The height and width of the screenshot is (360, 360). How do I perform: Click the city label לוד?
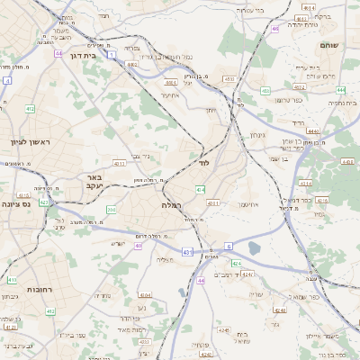pyautogui.click(x=203, y=163)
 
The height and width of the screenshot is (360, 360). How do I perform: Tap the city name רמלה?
pyautogui.click(x=172, y=205)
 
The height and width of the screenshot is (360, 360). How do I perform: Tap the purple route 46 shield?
pyautogui.click(x=274, y=29)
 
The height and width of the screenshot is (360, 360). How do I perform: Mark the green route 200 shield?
pyautogui.click(x=110, y=210)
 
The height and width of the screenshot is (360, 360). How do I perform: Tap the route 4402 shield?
pyautogui.click(x=133, y=64)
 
